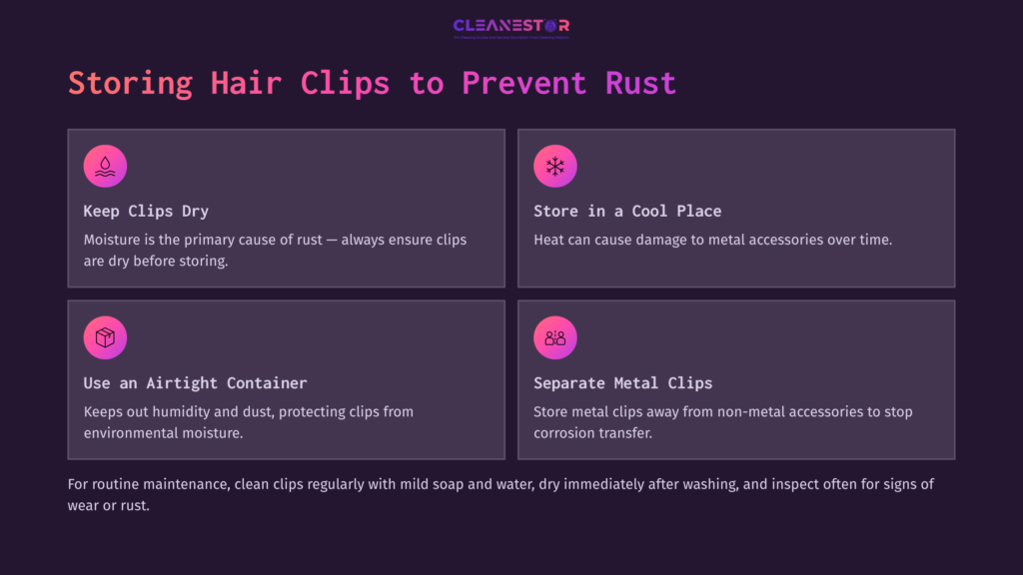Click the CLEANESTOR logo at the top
click(x=511, y=27)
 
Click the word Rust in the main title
click(x=640, y=83)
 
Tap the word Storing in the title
click(x=130, y=83)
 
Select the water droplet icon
click(x=105, y=166)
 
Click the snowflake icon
click(x=554, y=166)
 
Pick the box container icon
click(x=105, y=337)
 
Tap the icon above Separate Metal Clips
click(x=554, y=337)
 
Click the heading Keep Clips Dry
click(x=146, y=212)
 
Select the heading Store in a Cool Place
click(x=627, y=212)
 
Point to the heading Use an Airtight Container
click(x=195, y=383)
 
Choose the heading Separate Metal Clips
click(x=624, y=383)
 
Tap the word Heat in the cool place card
click(x=550, y=240)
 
